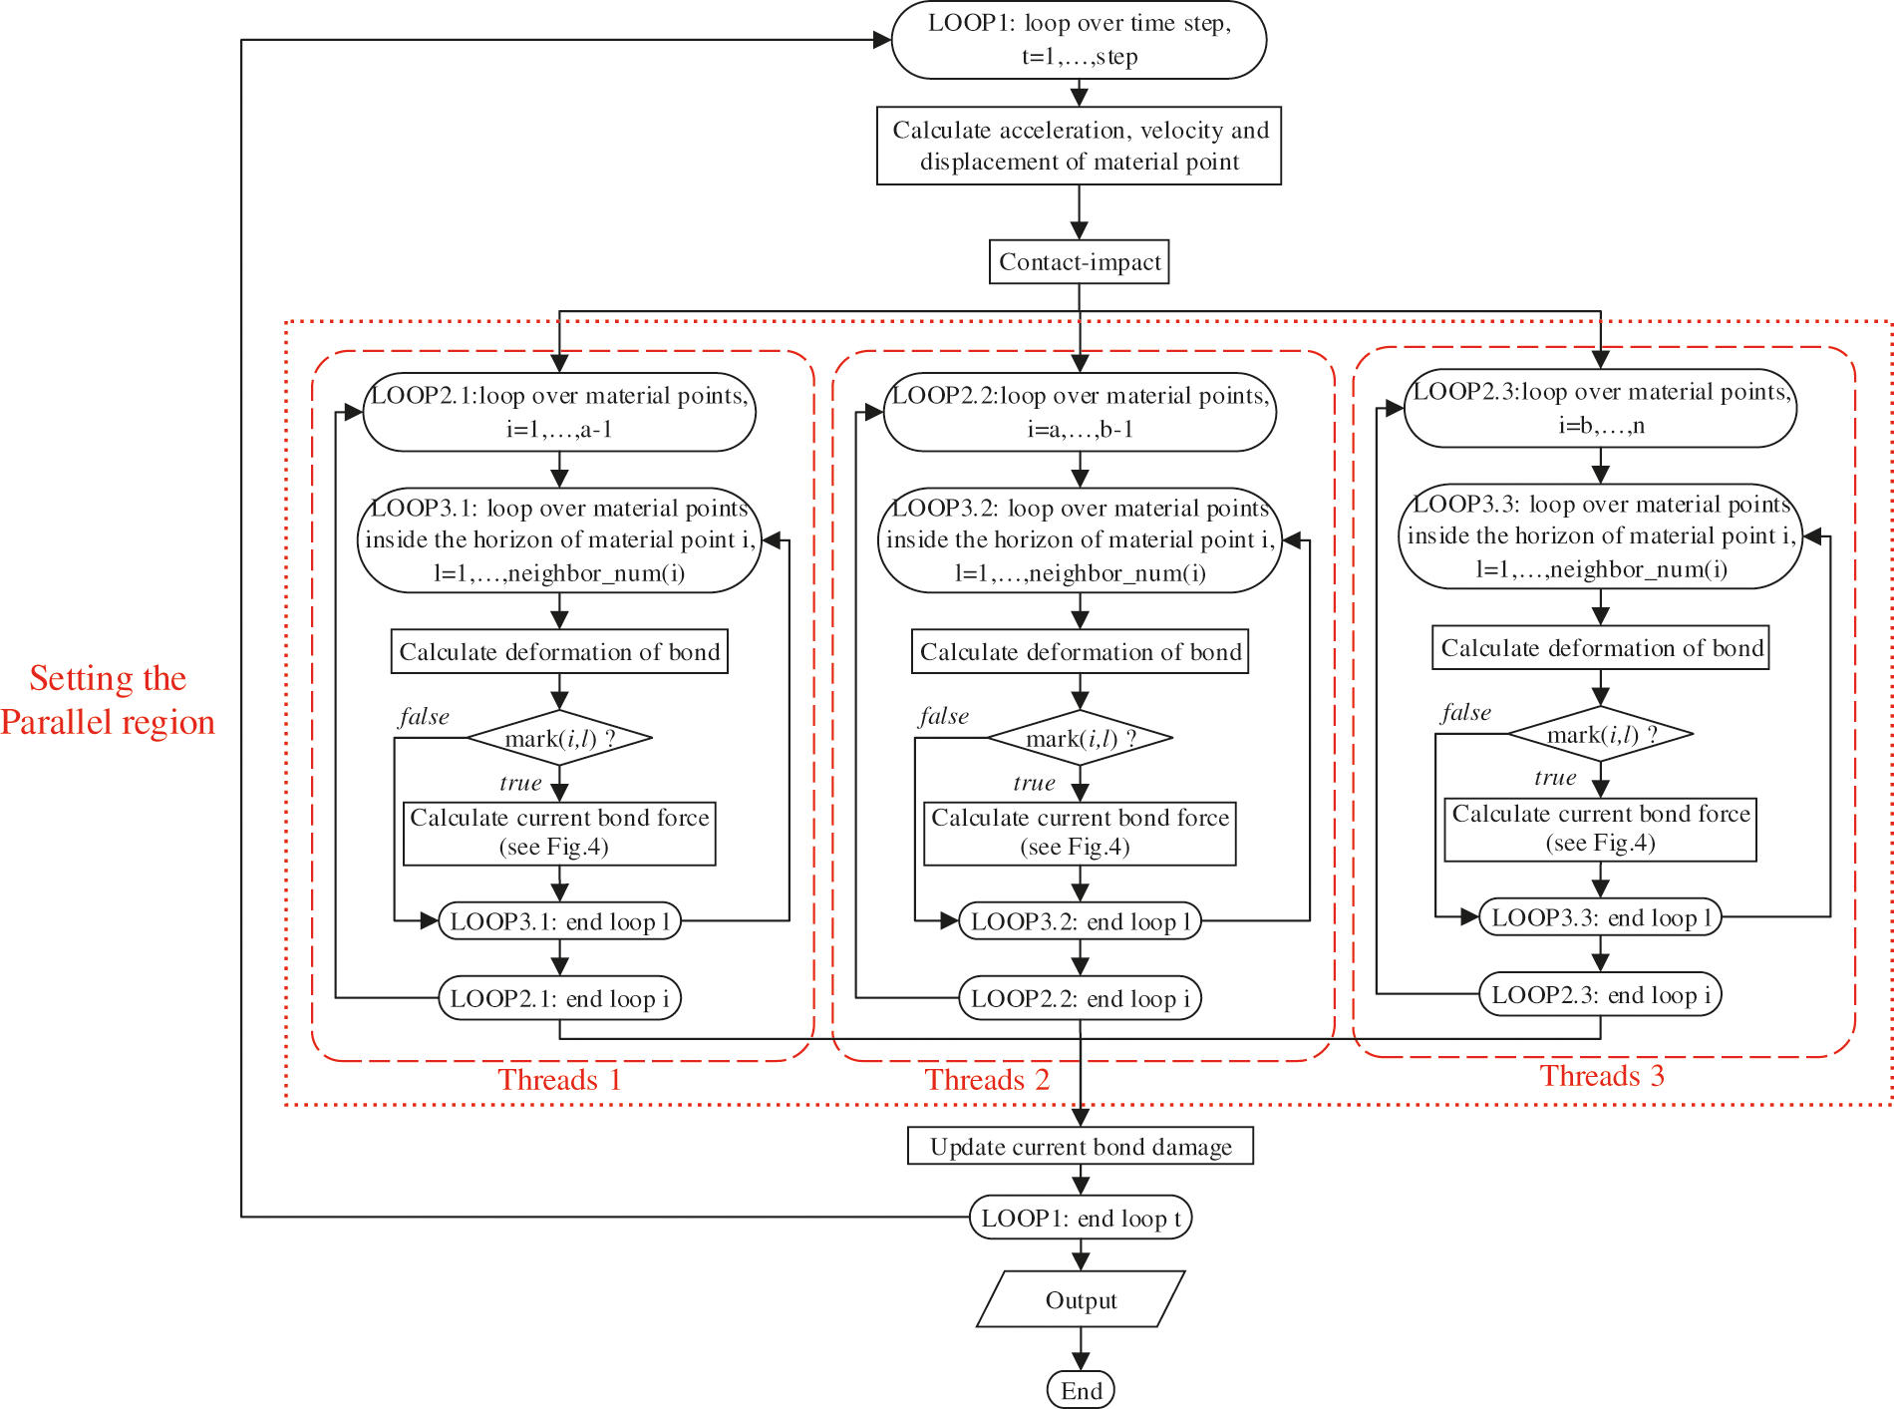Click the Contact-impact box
coord(1079,262)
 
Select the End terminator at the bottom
coord(1081,1390)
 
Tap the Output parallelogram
coord(1081,1299)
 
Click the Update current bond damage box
coord(1081,1146)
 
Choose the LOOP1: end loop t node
coord(1081,1218)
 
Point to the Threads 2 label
coord(986,1080)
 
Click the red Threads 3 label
coord(1601,1076)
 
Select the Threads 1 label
coord(559,1080)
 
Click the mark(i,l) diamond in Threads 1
coord(559,739)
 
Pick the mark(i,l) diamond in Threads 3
coord(1601,735)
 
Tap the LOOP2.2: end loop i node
coord(1081,998)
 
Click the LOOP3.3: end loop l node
coord(1601,917)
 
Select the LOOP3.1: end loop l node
coord(559,921)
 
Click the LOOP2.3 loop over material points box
coord(1601,408)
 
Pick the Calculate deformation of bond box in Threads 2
coord(1081,652)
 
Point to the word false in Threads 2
coord(943,716)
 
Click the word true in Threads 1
coord(520,783)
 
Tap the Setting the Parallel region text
coord(108,700)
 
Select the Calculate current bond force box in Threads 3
coord(1601,829)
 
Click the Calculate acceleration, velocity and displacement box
coord(1079,146)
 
